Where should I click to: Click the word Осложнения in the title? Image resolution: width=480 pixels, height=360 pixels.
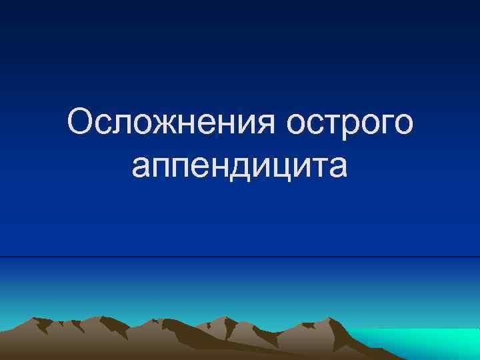[x=171, y=124]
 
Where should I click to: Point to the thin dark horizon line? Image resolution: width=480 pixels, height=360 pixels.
[x=240, y=257]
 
